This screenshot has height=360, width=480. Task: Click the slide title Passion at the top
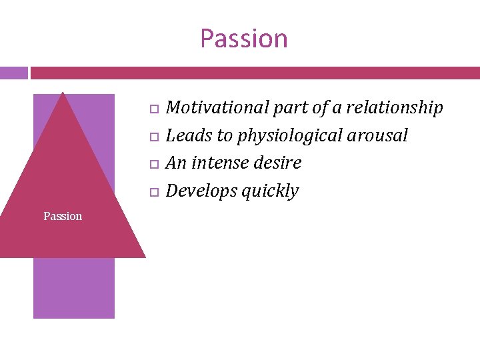click(243, 39)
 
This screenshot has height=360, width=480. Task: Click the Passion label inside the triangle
click(63, 216)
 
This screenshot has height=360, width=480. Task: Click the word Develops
click(201, 191)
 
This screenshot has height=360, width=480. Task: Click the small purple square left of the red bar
click(13, 73)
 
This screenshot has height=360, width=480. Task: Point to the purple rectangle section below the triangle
click(74, 287)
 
